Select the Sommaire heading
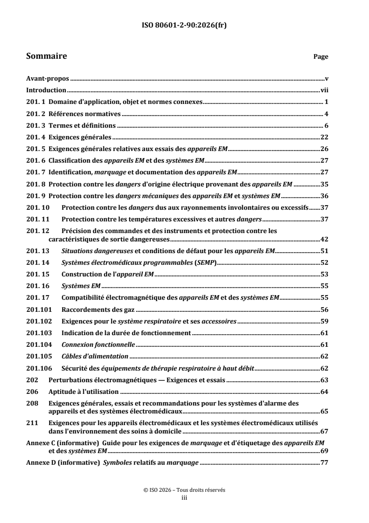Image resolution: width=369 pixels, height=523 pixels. pos(47,56)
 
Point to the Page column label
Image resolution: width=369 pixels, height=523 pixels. pos(321,57)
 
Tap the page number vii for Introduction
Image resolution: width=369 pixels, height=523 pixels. pos(325,90)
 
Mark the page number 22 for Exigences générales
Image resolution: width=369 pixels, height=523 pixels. pos(325,137)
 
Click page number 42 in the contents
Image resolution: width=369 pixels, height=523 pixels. pos(325,240)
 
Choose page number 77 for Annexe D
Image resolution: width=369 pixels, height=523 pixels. pos(325,463)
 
